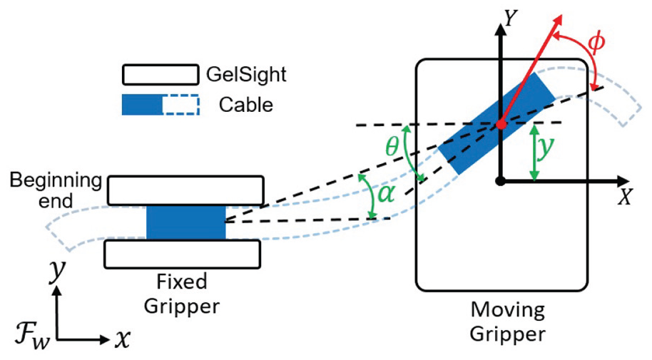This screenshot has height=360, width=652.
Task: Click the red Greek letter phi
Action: (x=596, y=42)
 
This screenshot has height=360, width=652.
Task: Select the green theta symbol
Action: (x=392, y=146)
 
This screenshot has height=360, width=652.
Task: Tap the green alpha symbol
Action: (x=385, y=194)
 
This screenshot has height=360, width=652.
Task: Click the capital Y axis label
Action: (x=510, y=19)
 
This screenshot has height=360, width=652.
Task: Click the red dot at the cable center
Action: (x=501, y=124)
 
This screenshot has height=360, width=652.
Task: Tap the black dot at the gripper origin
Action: (x=501, y=181)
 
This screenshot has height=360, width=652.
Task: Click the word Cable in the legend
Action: (x=245, y=105)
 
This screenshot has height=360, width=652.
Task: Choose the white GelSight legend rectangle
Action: (x=160, y=75)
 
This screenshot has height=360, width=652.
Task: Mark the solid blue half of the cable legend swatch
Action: (x=142, y=105)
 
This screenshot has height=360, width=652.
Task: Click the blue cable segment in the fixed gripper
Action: (x=186, y=222)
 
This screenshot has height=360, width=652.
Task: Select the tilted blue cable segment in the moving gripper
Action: (x=497, y=123)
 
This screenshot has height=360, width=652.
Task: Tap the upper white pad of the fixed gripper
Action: (x=185, y=190)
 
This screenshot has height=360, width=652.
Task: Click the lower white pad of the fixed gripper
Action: (x=182, y=254)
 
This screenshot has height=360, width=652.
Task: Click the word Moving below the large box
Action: (x=508, y=311)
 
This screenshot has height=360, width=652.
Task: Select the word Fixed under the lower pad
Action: (x=182, y=282)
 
